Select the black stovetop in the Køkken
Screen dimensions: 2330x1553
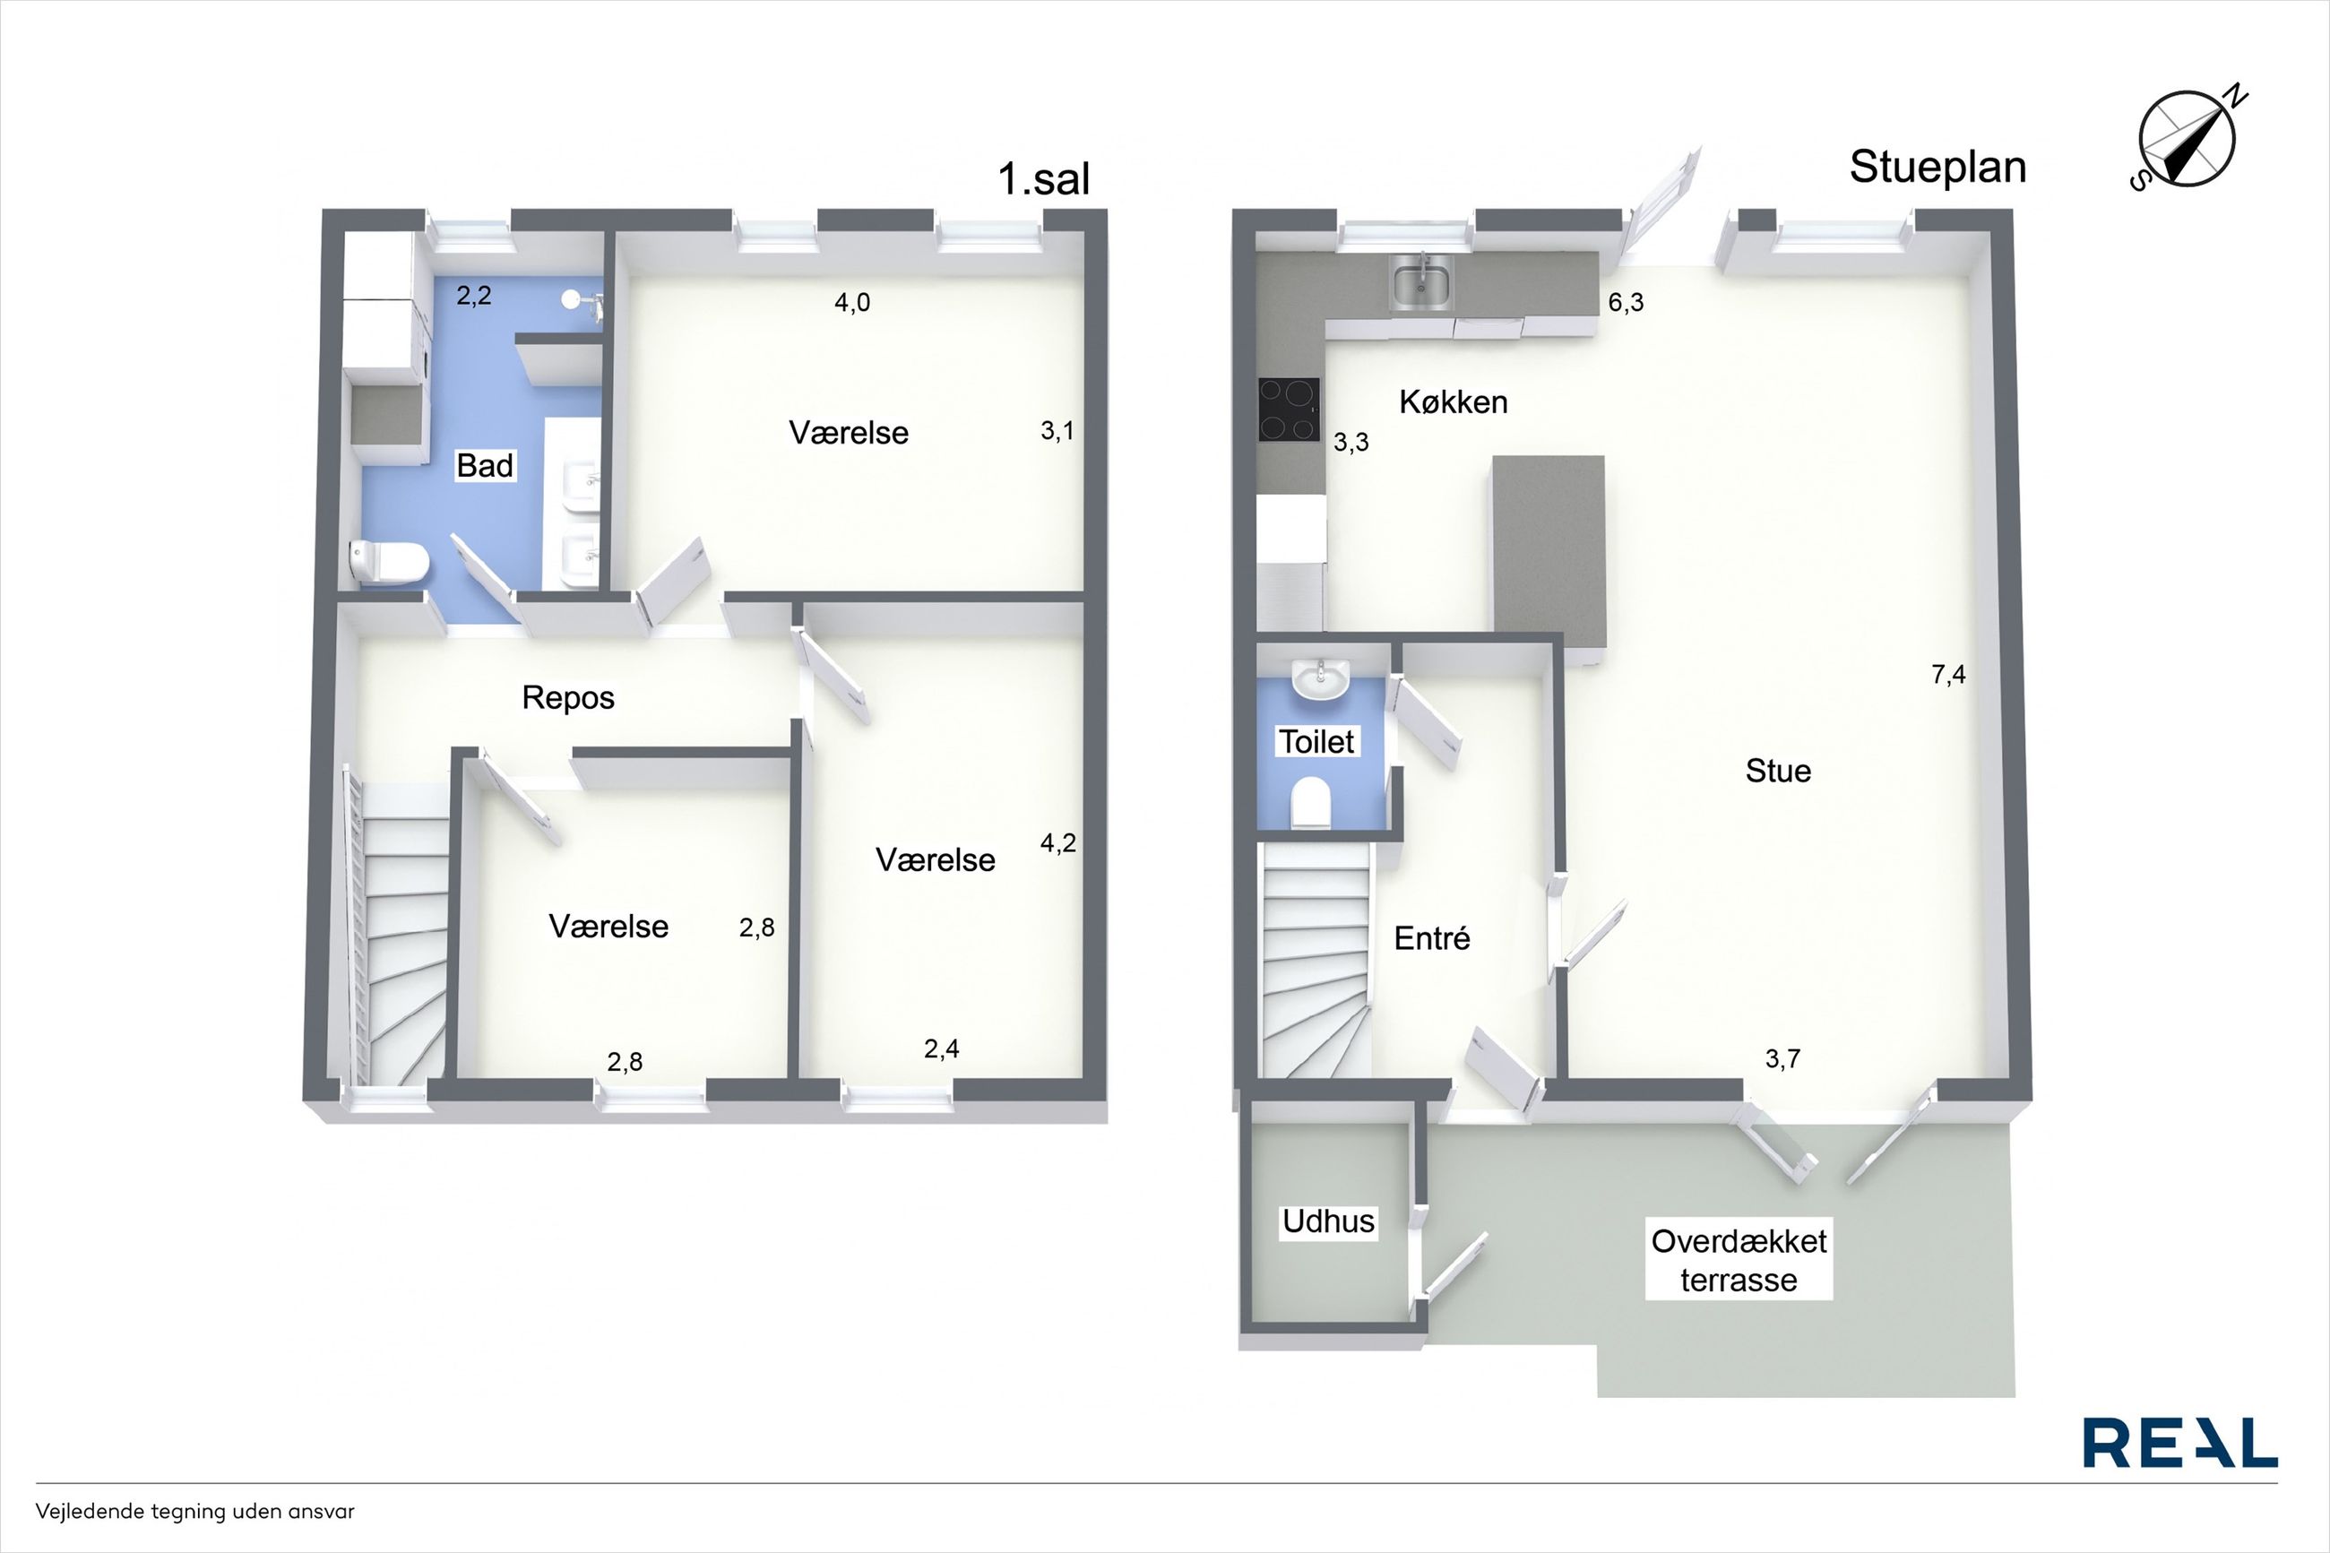pyautogui.click(x=1290, y=409)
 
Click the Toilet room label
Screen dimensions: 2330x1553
pyautogui.click(x=1316, y=742)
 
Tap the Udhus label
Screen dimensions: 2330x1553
pyautogui.click(x=1328, y=1221)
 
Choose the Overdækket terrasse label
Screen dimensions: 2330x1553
pyautogui.click(x=1739, y=1260)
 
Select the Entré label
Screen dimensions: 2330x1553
pyautogui.click(x=1432, y=937)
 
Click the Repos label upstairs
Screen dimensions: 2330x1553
pyautogui.click(x=568, y=698)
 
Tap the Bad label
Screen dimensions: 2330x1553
pyautogui.click(x=484, y=465)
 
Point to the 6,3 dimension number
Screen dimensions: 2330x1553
pyautogui.click(x=1626, y=303)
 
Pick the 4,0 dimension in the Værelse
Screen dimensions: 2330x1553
pyautogui.click(x=851, y=303)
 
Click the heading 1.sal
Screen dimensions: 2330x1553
pyautogui.click(x=1044, y=179)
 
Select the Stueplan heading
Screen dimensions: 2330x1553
pyautogui.click(x=1937, y=167)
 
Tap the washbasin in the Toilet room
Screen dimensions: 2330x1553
pyautogui.click(x=1320, y=679)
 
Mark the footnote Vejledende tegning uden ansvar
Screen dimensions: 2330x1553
pyautogui.click(x=195, y=1513)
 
